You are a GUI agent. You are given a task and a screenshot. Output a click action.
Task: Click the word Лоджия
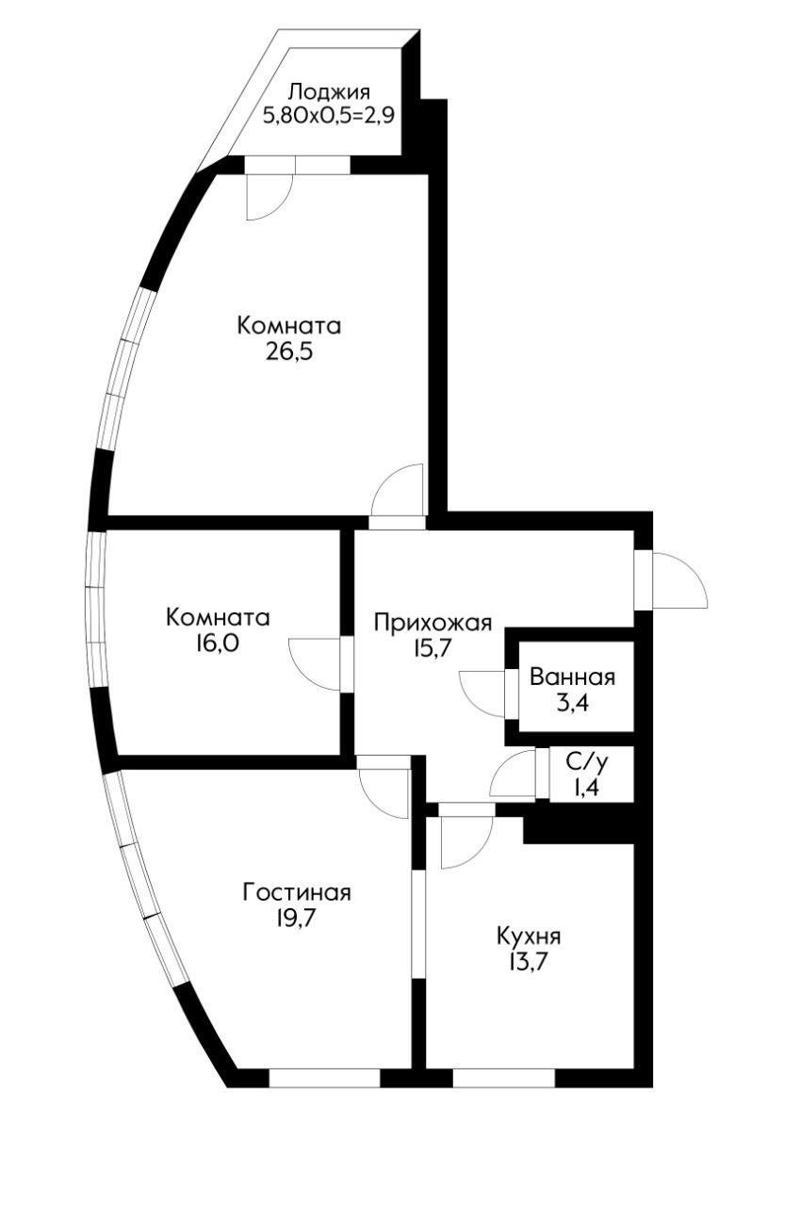329,92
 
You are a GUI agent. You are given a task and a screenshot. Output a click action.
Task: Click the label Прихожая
433,622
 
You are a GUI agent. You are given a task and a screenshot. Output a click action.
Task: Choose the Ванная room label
572,676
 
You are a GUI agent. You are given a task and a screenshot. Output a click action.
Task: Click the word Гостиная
297,892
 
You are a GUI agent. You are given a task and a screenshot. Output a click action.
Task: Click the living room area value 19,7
297,918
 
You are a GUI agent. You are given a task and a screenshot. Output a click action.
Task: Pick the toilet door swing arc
512,774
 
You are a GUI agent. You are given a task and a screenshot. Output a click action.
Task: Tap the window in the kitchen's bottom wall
503,1078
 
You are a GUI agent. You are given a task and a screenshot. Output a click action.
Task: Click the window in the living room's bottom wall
324,1078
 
